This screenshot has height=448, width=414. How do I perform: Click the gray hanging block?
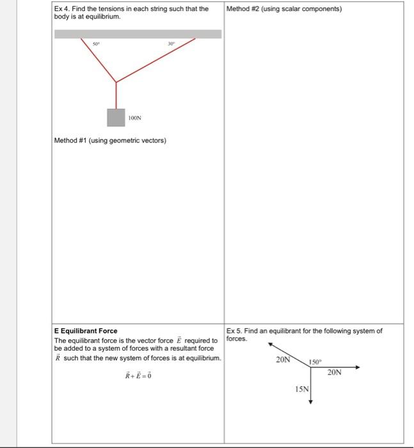click(116, 118)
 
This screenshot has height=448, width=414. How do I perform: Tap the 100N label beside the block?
click(134, 118)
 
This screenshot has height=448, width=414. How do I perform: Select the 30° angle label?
click(170, 44)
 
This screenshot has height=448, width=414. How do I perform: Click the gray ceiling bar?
click(138, 34)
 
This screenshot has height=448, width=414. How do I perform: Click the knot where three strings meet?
click(116, 82)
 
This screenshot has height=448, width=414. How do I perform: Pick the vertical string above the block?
click(116, 95)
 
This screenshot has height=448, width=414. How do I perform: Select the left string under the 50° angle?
click(99, 60)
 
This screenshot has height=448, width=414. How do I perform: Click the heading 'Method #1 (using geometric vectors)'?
click(110, 141)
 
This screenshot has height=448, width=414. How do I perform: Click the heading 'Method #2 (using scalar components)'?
click(284, 9)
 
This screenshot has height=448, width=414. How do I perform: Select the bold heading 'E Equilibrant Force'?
click(86, 331)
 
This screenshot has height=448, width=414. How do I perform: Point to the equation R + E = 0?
click(138, 375)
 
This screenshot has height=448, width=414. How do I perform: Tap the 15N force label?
click(301, 389)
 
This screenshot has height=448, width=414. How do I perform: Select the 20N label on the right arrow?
click(335, 372)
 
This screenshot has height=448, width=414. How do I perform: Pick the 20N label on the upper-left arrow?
click(283, 360)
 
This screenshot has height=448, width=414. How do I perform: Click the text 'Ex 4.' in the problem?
click(61, 9)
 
